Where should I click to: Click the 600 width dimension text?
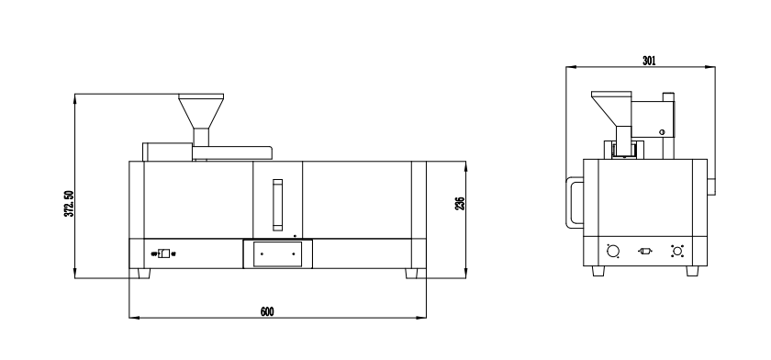267,312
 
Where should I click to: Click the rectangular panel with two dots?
276,253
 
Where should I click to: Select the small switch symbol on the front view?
163,253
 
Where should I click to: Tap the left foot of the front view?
143,274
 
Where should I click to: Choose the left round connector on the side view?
613,251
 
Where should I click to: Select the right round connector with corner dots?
677,251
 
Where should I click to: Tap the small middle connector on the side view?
645,251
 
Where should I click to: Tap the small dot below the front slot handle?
295,235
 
